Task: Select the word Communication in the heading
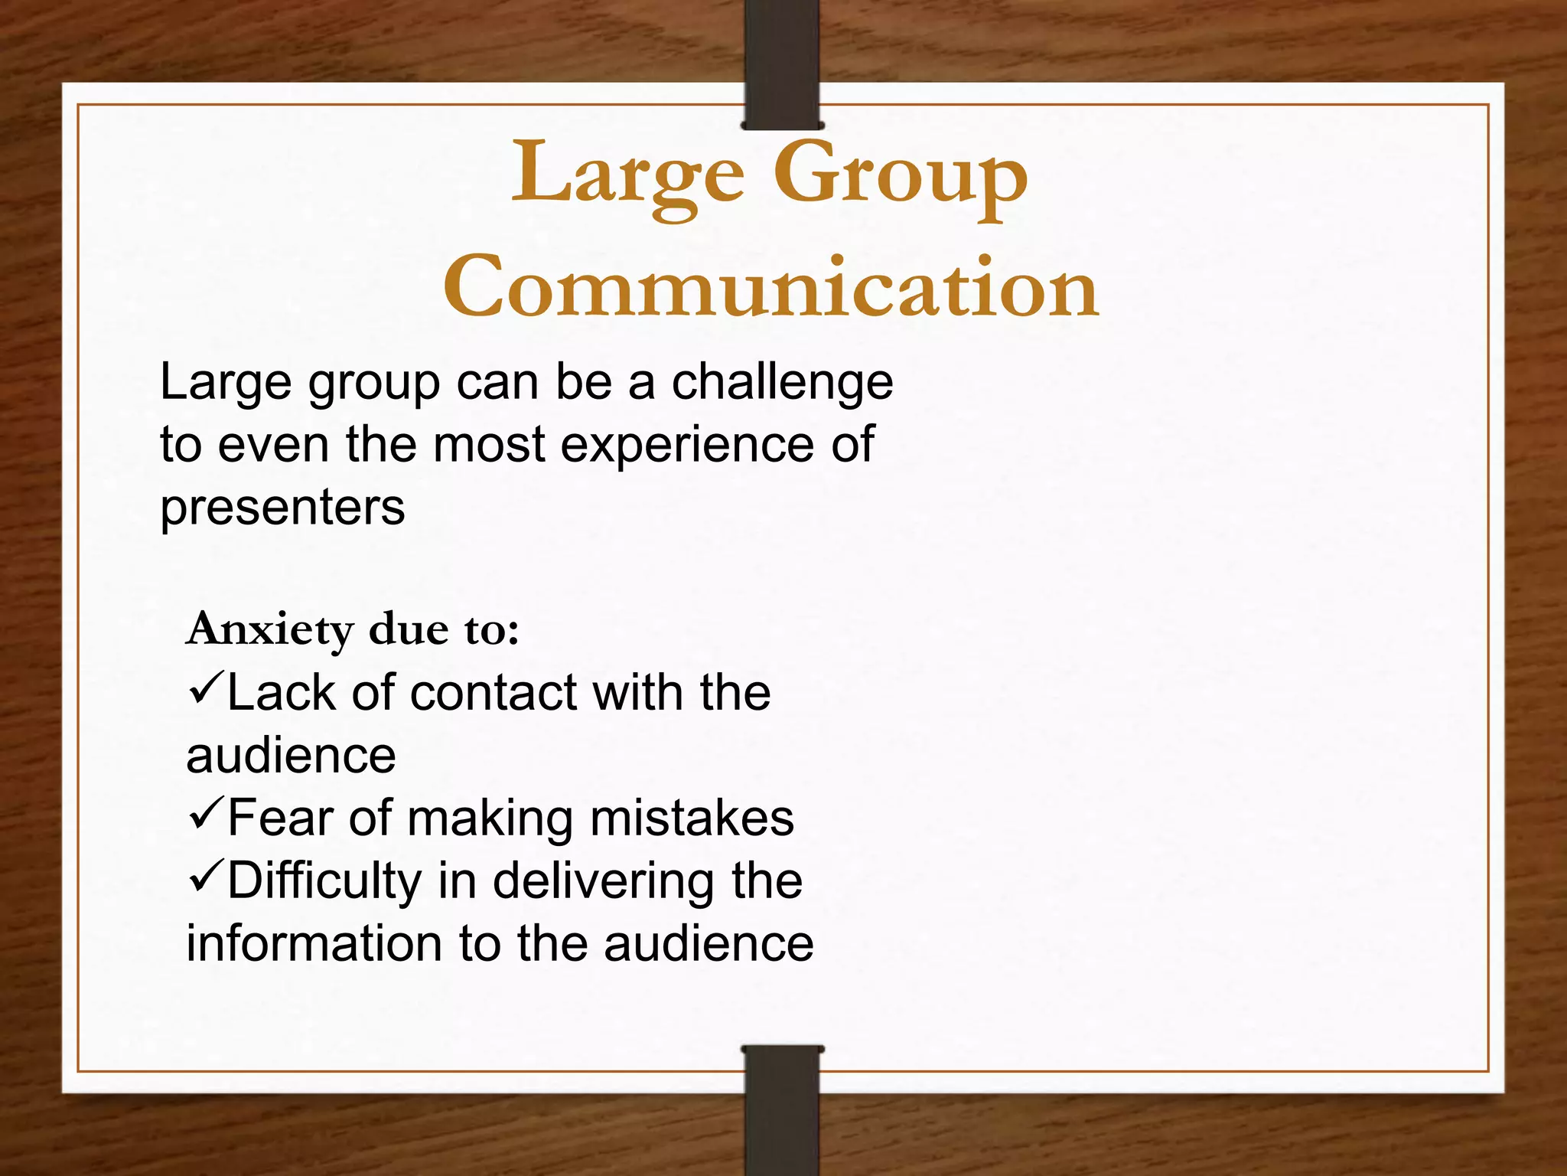[771, 287]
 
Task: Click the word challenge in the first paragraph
[782, 383]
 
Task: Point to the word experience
[687, 446]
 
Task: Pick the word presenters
[282, 508]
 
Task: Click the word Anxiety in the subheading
[270, 631]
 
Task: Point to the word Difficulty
[324, 881]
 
